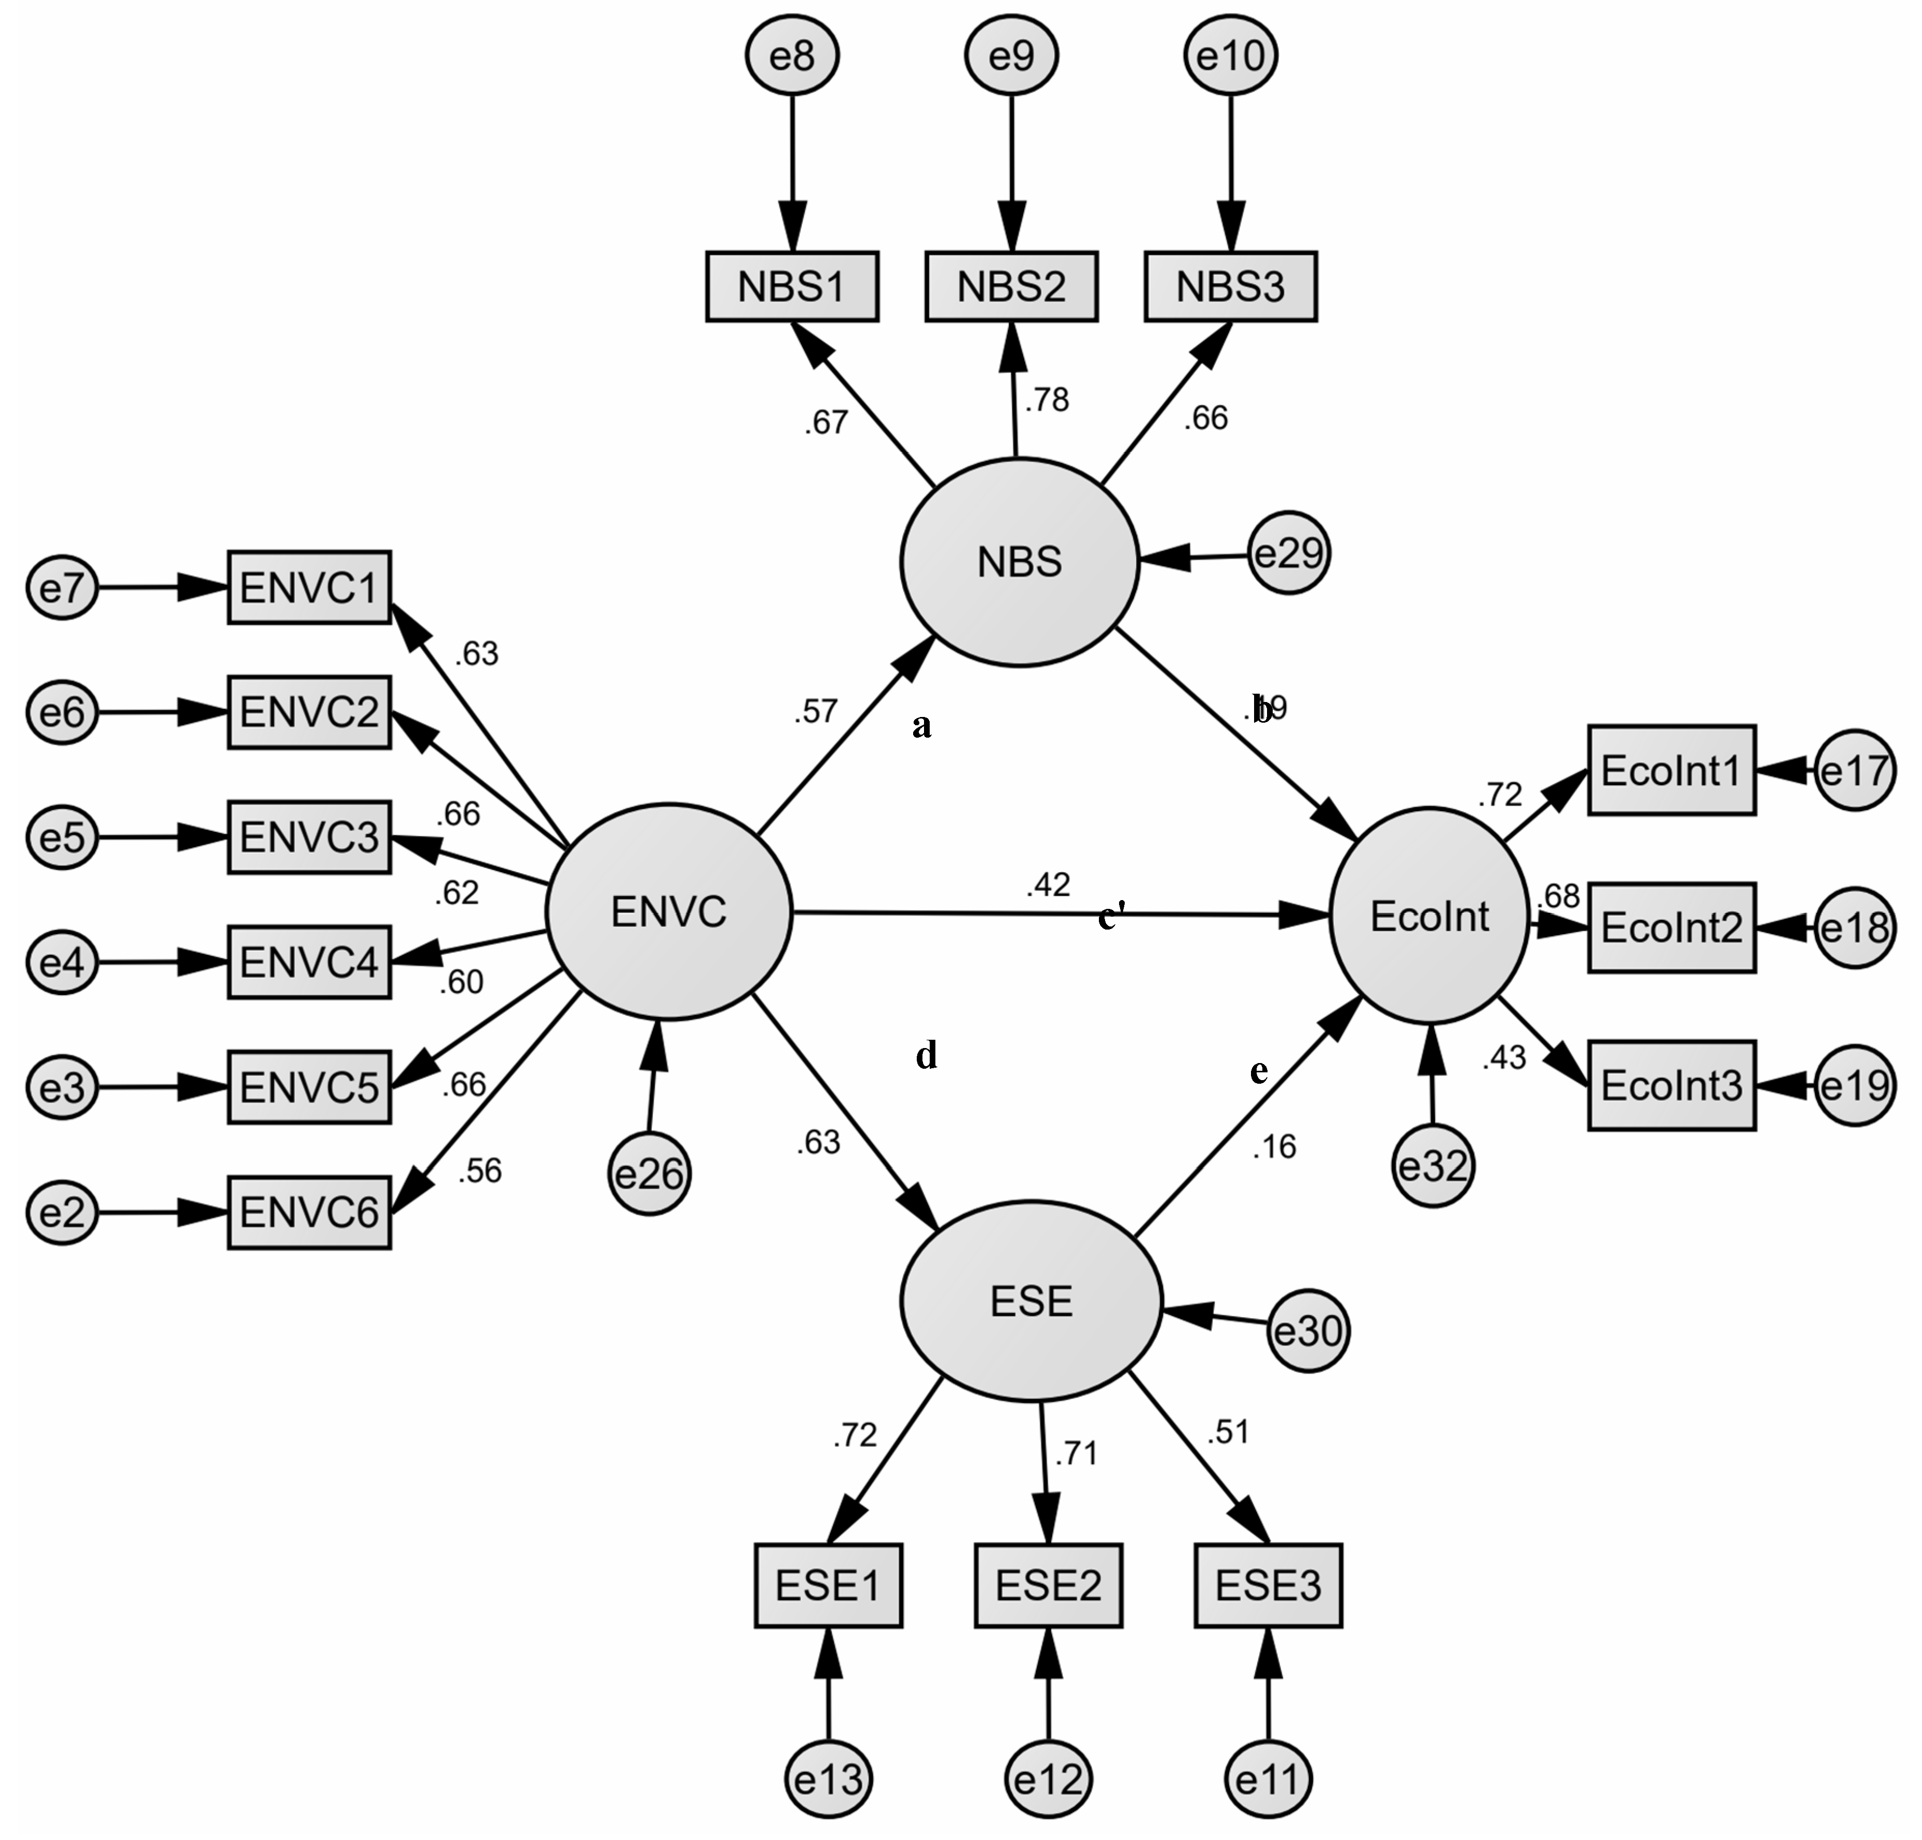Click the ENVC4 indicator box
click(309, 963)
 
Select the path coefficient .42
click(1048, 884)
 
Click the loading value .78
click(1046, 400)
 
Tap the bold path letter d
click(926, 1056)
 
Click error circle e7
click(62, 588)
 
